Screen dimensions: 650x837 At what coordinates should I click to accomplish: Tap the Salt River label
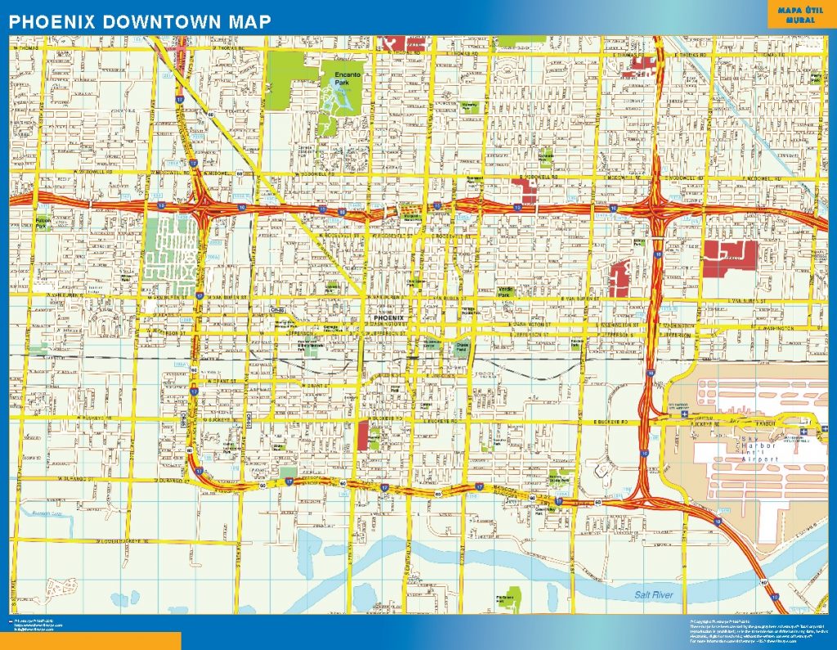654,594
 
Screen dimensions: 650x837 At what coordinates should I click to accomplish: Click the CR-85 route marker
277,311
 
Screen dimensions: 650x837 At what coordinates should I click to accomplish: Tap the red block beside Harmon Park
362,436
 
